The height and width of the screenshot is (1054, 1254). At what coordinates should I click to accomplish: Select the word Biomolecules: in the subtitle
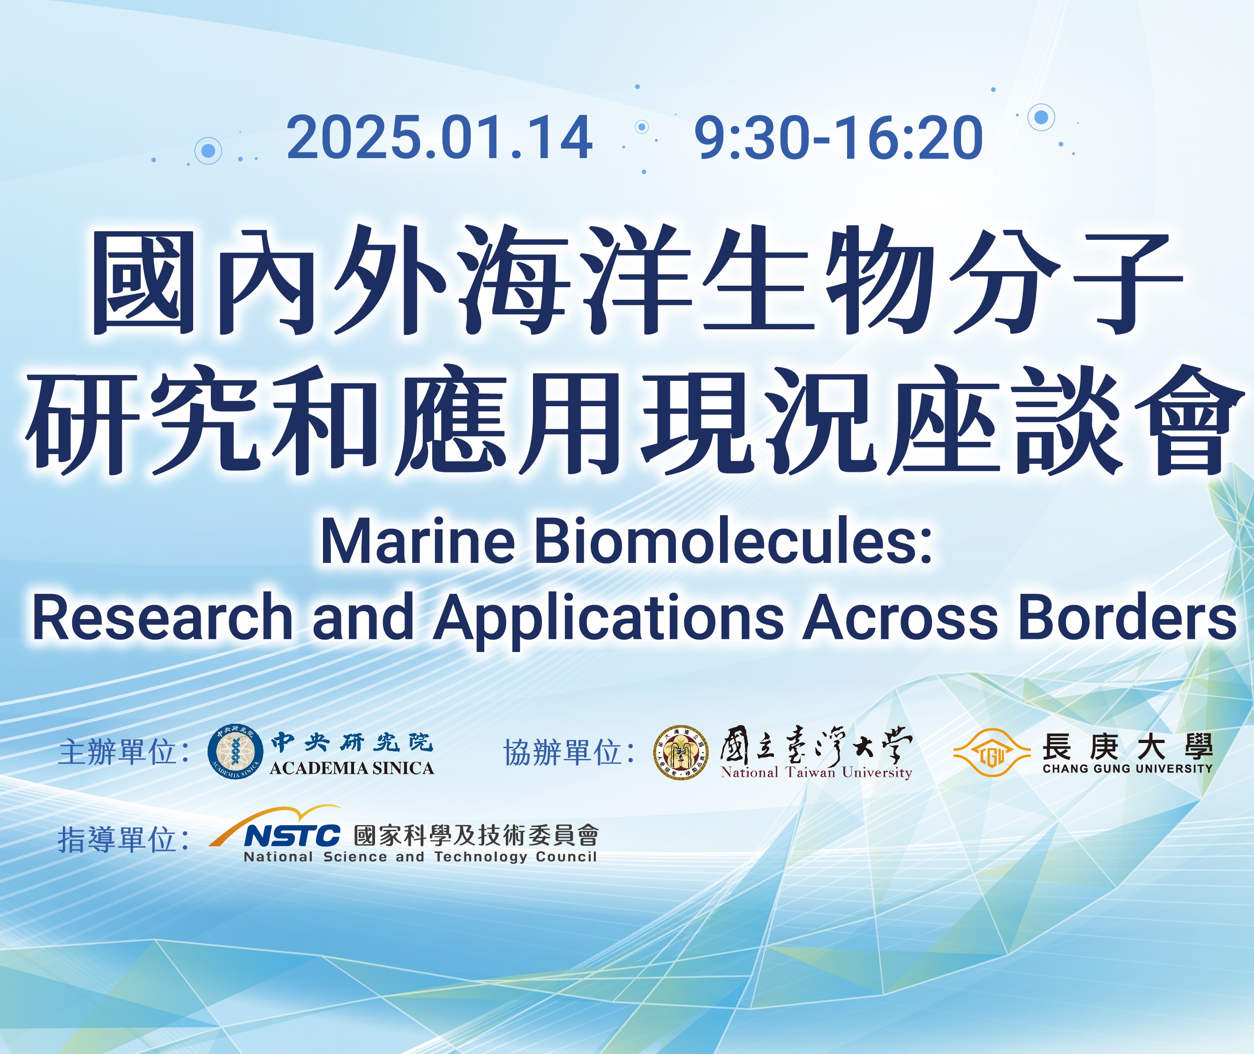733,541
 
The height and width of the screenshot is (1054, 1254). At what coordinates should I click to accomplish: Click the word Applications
608,620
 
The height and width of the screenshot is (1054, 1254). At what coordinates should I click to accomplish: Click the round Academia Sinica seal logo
235,751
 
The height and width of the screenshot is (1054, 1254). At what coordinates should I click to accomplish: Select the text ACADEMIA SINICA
352,768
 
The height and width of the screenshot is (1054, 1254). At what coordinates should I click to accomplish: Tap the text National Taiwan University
816,773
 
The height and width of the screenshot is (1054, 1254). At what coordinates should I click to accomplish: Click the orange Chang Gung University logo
991,753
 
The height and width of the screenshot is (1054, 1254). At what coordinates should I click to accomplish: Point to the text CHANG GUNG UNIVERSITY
1128,769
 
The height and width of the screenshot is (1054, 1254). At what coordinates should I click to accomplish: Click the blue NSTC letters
292,835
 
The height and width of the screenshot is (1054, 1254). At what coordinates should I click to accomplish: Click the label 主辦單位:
124,751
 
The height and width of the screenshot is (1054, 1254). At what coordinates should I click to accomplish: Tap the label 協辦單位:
569,751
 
